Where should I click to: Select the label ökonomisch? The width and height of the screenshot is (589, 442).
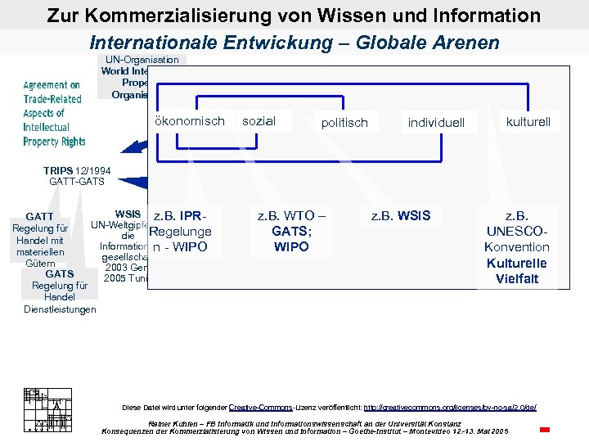189,121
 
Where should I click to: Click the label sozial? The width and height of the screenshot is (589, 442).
259,121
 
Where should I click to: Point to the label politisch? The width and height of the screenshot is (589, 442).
344,123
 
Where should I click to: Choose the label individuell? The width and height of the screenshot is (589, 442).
436,123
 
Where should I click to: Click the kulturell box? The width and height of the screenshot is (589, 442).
528,122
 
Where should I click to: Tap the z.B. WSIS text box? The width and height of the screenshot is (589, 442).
401,216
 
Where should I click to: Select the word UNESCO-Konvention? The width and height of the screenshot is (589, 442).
517,239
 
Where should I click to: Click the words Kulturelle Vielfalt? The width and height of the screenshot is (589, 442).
517,271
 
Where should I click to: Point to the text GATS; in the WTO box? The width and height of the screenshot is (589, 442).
291,232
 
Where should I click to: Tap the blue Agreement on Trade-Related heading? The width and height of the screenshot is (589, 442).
52,92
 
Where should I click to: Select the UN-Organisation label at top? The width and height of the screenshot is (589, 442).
142,60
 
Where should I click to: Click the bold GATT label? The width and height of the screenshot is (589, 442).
39,217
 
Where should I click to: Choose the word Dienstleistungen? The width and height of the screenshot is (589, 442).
60,309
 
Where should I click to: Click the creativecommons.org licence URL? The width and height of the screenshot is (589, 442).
449,407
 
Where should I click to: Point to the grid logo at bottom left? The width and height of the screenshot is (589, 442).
44,408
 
